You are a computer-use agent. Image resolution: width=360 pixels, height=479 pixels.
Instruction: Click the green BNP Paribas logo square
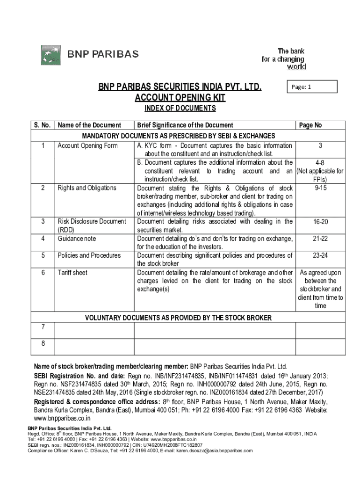tap(50, 55)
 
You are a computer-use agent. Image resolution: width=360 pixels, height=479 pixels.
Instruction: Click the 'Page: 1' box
tap(312, 87)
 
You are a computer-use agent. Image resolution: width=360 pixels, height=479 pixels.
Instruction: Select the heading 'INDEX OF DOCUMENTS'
tap(180, 109)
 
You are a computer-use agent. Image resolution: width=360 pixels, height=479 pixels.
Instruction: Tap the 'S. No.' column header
tap(43, 125)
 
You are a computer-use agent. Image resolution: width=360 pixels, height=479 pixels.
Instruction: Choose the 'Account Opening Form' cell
tap(87, 145)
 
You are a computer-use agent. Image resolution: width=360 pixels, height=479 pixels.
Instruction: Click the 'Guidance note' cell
tap(77, 239)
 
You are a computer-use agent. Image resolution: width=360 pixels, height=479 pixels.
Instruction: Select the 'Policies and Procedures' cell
tap(89, 255)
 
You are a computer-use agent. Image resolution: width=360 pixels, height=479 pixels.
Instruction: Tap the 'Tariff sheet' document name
tap(72, 272)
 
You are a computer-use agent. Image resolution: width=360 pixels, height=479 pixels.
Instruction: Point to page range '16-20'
tap(320, 222)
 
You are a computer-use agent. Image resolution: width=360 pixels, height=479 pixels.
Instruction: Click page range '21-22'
tap(320, 239)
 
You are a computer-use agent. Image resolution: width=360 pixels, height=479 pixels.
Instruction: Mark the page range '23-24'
tap(320, 255)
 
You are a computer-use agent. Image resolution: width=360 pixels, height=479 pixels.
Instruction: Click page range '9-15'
tap(320, 188)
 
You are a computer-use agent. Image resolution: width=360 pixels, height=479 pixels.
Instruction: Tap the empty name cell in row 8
tap(94, 346)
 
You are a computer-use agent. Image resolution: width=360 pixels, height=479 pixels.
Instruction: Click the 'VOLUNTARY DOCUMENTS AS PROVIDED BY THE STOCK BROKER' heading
tap(178, 318)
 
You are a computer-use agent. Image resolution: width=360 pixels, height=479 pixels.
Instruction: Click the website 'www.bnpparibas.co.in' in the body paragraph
tap(62, 418)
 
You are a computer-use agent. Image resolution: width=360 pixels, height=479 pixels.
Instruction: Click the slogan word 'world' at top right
tap(296, 67)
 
